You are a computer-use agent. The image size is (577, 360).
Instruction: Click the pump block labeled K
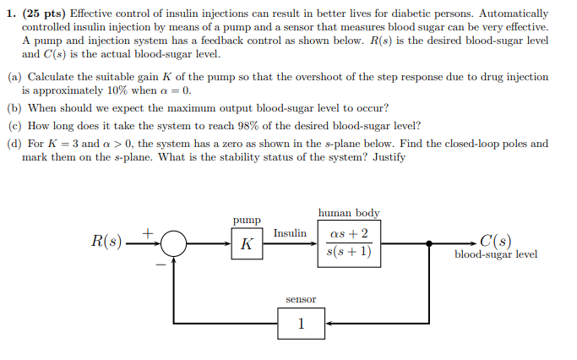247,244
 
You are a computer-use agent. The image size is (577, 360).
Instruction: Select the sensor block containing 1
301,322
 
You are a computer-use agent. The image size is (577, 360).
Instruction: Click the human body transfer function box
348,243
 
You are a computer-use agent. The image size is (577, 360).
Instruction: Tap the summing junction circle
174,244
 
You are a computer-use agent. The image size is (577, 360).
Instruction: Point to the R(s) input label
106,243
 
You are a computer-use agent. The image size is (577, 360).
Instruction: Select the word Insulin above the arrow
290,232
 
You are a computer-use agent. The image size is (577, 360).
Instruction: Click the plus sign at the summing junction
149,230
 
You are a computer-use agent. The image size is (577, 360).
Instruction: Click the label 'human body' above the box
348,212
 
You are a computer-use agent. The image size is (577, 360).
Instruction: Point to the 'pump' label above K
247,220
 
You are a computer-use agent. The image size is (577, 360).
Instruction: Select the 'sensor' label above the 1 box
300,299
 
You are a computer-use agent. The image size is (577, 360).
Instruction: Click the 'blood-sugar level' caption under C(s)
495,254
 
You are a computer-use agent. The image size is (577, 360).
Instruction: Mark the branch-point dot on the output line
429,244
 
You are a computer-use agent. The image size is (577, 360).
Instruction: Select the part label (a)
14,77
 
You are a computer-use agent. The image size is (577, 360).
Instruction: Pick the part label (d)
14,144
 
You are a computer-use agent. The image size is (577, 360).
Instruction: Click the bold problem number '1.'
12,14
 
